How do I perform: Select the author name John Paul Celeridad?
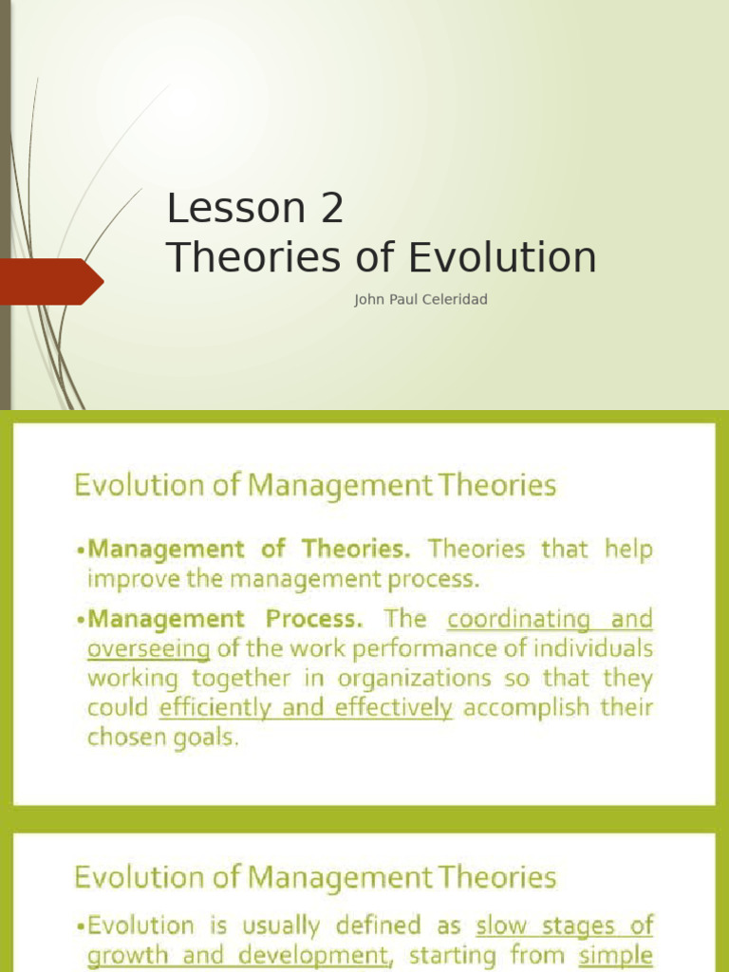coord(421,300)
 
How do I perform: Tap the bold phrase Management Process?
coord(225,619)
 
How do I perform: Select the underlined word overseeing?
coord(148,649)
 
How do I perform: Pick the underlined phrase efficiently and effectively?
coord(306,708)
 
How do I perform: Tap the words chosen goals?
coord(163,738)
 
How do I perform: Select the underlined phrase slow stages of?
coord(564,925)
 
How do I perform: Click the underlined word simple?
coord(617,954)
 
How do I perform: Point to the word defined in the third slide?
coord(375,925)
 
